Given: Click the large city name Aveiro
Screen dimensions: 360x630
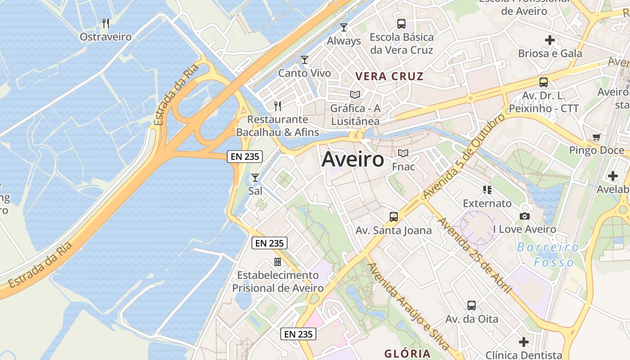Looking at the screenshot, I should (x=353, y=159).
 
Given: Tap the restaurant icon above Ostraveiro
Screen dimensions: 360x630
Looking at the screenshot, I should (x=106, y=23).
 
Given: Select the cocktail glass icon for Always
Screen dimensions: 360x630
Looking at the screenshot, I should (x=344, y=27).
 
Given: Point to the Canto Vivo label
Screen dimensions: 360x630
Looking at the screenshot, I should (x=305, y=73).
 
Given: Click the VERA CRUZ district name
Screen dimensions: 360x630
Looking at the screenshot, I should (x=389, y=76).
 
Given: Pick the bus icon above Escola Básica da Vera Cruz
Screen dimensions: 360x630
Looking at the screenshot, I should (x=401, y=24).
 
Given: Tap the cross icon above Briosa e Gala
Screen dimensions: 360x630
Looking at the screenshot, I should (x=549, y=40).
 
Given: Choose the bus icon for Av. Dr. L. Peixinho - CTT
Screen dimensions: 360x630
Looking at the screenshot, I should (x=544, y=82).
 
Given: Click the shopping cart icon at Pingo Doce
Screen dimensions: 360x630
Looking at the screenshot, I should (x=597, y=137).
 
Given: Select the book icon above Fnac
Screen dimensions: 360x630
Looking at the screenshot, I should (x=403, y=153).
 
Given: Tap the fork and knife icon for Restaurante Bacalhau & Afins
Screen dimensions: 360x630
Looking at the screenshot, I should (x=278, y=106).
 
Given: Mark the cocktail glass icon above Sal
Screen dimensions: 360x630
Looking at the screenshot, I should (x=255, y=178).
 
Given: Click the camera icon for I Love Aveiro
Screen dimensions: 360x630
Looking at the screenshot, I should (x=524, y=216).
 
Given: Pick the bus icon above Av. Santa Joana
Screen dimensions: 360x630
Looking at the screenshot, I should (x=394, y=217).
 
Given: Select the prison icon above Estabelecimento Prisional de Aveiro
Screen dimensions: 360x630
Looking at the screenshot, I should (x=278, y=262).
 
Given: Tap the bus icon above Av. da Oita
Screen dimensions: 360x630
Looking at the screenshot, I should (x=471, y=306).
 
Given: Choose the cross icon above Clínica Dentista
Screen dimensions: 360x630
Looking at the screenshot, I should (x=524, y=342).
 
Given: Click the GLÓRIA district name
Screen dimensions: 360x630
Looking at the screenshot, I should (x=407, y=353).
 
